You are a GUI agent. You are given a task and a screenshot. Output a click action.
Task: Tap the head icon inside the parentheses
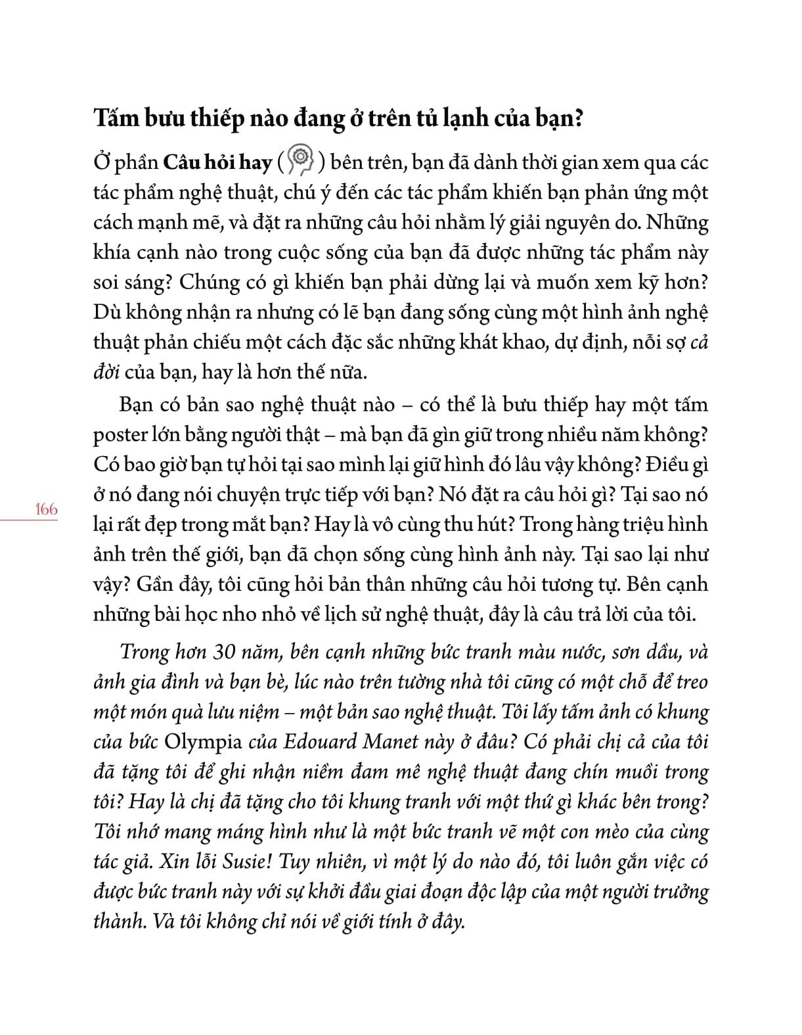[x=300, y=161]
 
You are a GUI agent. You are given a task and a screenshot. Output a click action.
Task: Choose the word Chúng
[x=202, y=283]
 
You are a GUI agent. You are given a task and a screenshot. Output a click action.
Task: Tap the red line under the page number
[x=29, y=520]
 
